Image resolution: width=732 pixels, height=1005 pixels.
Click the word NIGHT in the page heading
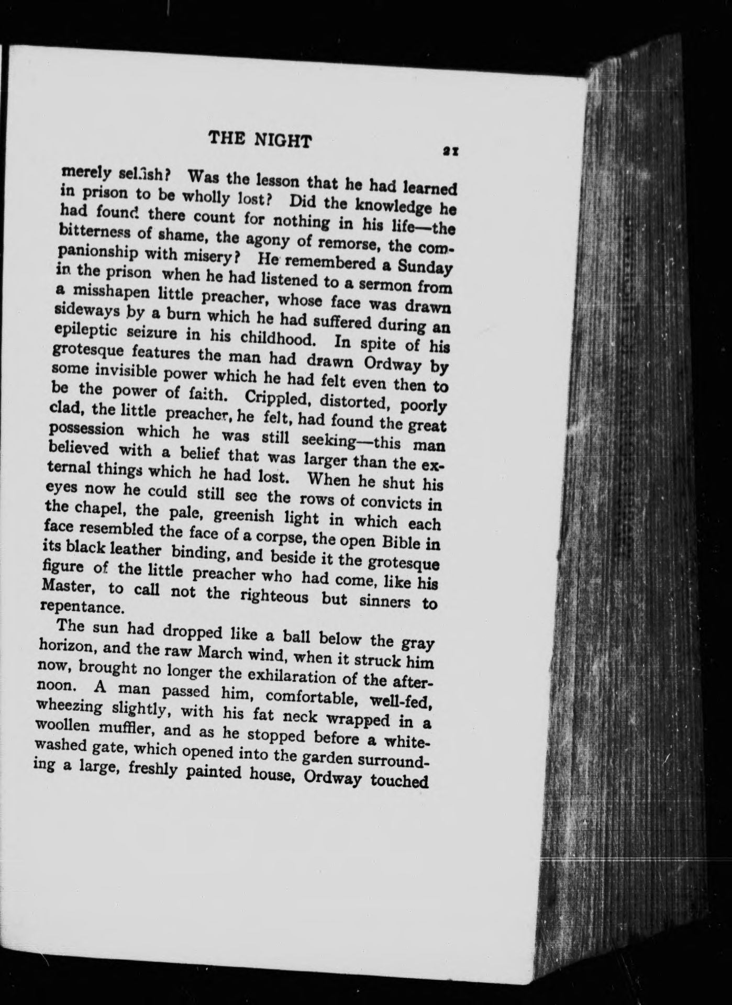pyautogui.click(x=282, y=141)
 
